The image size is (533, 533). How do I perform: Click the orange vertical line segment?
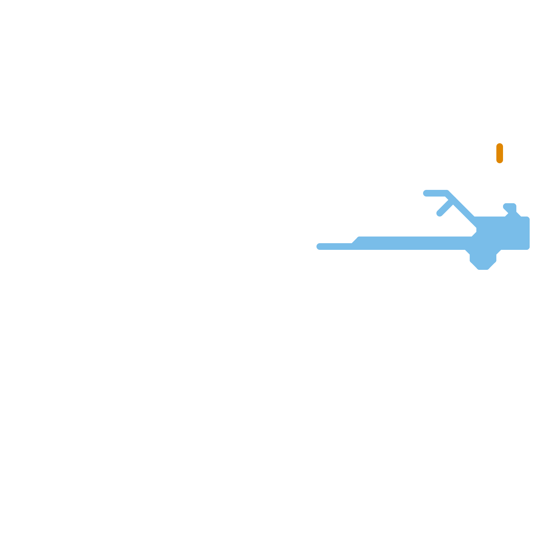(499, 153)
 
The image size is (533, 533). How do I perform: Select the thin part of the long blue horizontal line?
(335, 247)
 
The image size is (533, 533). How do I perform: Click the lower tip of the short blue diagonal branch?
(439, 214)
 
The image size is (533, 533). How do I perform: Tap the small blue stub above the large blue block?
(510, 207)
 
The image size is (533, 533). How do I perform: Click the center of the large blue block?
(503, 233)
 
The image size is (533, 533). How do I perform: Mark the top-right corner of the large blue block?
(528, 218)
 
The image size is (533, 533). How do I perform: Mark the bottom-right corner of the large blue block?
(528, 248)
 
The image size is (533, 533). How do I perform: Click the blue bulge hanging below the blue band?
(483, 258)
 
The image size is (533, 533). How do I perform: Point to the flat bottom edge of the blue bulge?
(483, 269)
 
